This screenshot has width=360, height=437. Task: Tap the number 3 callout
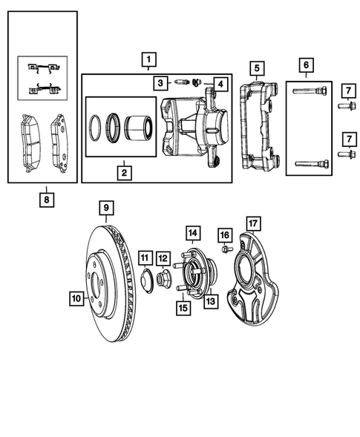(160, 82)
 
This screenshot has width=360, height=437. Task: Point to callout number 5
(256, 70)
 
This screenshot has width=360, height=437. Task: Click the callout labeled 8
(48, 199)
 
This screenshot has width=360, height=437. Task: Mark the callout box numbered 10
(76, 299)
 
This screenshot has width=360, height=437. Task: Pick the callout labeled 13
(210, 300)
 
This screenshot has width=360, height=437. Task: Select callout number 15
(182, 306)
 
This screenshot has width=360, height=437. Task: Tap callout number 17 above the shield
(253, 222)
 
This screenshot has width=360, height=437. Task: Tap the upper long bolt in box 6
(310, 92)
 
